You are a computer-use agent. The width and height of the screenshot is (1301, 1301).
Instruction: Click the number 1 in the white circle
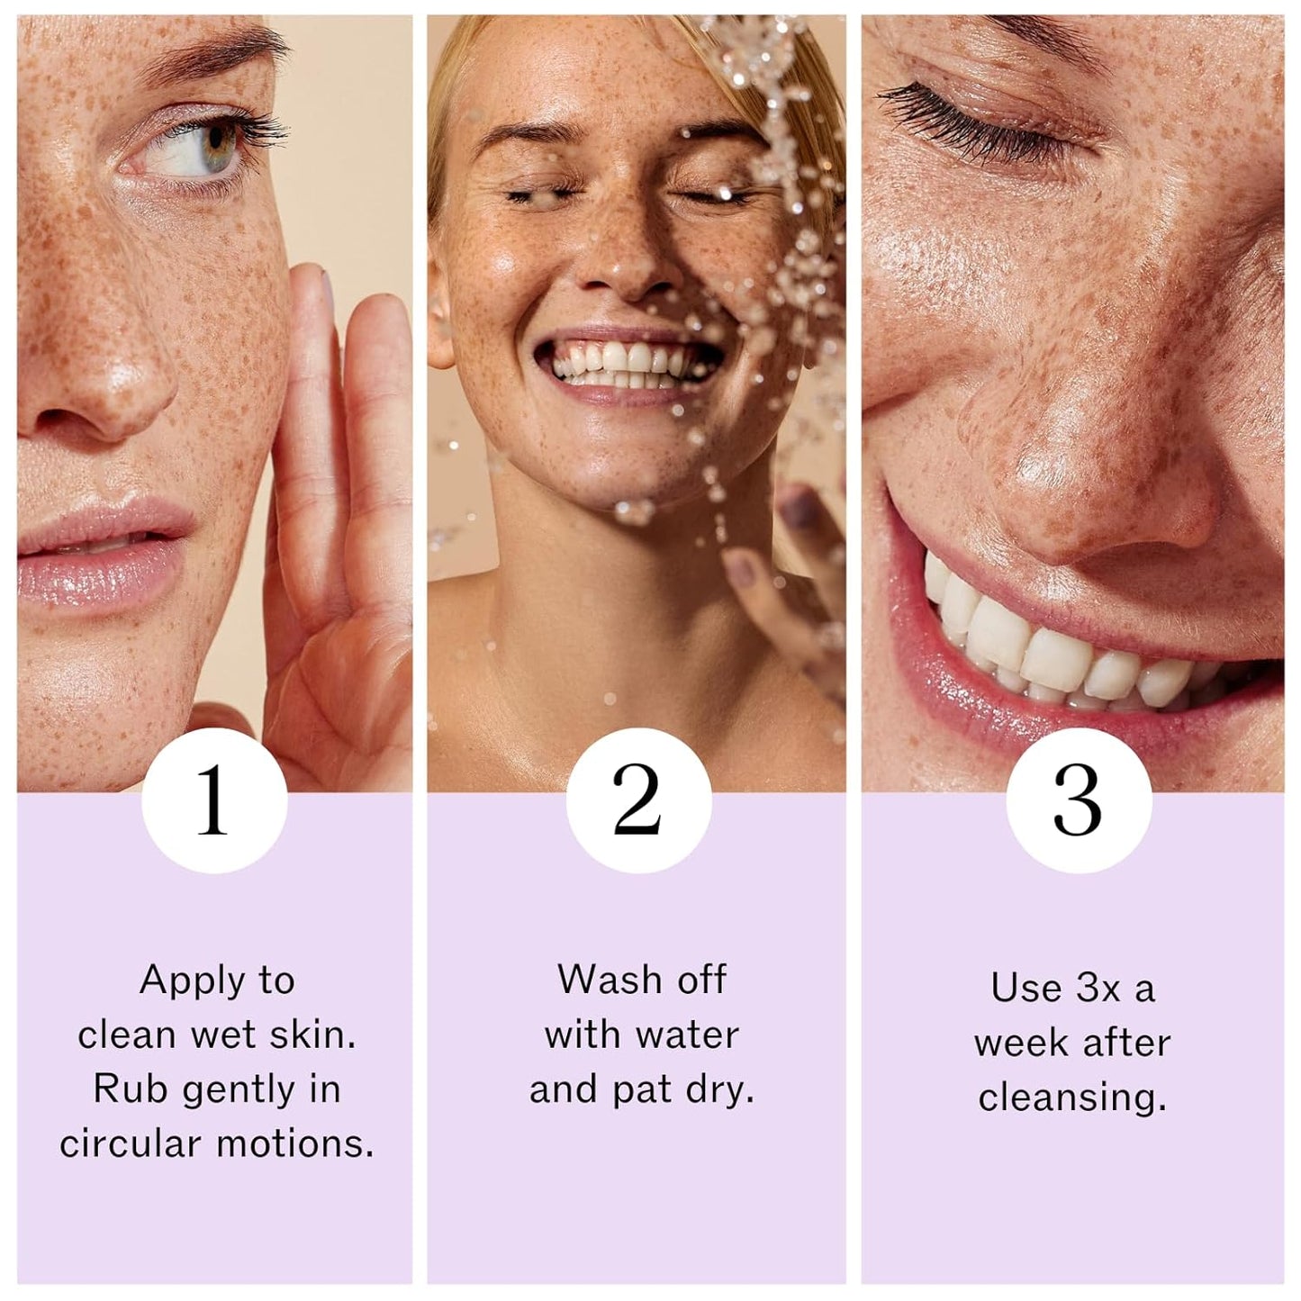click(x=213, y=800)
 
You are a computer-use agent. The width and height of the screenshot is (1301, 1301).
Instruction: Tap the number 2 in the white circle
click(x=637, y=800)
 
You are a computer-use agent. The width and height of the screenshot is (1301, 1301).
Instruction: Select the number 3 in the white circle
click(x=1077, y=800)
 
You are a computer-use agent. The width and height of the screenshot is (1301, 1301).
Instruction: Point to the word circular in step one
click(x=130, y=1144)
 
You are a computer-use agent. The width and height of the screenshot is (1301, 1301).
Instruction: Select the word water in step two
click(x=685, y=1034)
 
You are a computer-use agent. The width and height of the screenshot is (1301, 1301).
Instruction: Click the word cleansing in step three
click(x=1071, y=1098)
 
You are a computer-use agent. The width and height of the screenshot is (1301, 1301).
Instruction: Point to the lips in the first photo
click(x=104, y=551)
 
